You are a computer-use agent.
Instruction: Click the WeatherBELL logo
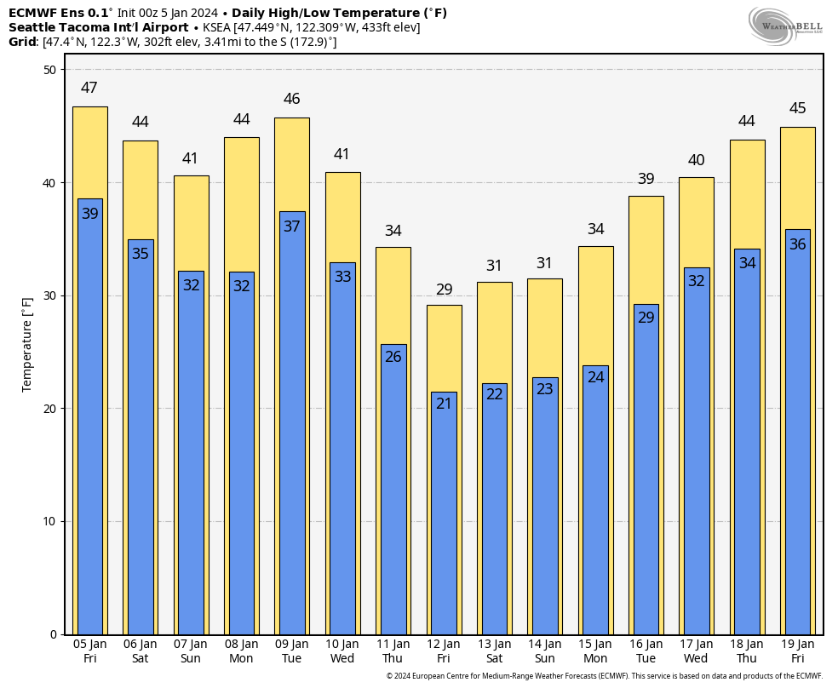785,25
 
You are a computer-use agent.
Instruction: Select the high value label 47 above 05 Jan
89,88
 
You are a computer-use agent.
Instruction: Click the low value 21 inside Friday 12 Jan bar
444,404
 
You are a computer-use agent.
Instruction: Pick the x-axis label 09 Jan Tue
291,651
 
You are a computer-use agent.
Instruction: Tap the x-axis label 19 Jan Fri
797,651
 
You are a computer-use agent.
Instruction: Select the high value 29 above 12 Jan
444,290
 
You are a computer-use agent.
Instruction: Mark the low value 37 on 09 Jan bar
291,226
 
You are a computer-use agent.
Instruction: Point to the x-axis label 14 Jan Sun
544,651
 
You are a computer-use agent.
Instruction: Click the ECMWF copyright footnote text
604,676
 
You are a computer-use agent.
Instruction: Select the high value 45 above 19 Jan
797,108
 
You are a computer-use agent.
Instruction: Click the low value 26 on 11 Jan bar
393,357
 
